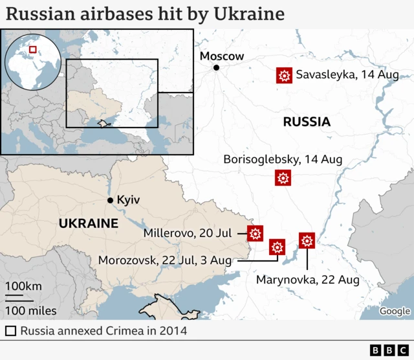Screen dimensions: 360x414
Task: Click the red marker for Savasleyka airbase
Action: click(x=283, y=76)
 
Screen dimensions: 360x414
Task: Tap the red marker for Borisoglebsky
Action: click(x=283, y=177)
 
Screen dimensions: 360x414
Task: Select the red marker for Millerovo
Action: click(x=255, y=233)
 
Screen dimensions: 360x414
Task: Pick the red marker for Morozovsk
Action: click(x=278, y=247)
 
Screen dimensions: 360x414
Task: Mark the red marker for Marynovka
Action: click(x=307, y=241)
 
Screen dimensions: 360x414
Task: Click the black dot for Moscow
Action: click(x=217, y=68)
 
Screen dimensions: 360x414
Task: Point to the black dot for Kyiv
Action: click(x=111, y=201)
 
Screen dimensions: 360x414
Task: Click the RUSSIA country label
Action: click(x=307, y=122)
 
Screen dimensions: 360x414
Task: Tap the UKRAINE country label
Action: click(x=89, y=223)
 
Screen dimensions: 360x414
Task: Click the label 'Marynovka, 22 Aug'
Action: click(x=308, y=280)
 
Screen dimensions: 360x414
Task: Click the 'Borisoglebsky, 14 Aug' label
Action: click(x=283, y=159)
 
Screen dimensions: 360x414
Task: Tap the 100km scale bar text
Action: click(x=24, y=286)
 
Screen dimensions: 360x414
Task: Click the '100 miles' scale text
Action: click(x=30, y=310)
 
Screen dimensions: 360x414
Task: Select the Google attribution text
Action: click(x=394, y=311)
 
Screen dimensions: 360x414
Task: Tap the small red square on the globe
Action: click(x=32, y=49)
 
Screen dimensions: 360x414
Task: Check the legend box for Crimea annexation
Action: click(x=10, y=331)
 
